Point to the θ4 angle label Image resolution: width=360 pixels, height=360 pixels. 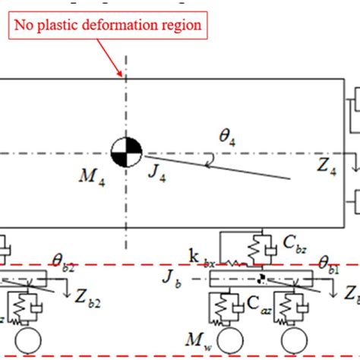[x=229, y=137]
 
